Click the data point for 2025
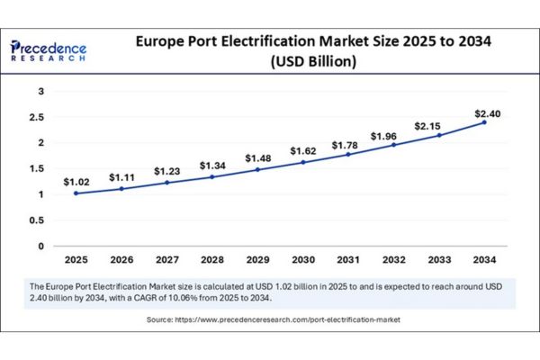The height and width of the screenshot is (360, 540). [76, 193]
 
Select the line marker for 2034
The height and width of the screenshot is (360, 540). [484, 121]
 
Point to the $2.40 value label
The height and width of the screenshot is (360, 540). [487, 112]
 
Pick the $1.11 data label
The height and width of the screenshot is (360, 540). [121, 177]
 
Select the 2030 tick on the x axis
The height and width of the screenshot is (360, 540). [302, 259]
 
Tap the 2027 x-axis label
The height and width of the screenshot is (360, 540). [166, 259]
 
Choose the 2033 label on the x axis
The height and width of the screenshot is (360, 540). [439, 259]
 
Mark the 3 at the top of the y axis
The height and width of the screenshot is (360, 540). [40, 91]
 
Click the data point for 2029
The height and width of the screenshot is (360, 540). [257, 169]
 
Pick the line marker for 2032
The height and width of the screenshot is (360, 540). [393, 145]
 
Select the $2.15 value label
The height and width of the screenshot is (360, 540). [439, 125]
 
